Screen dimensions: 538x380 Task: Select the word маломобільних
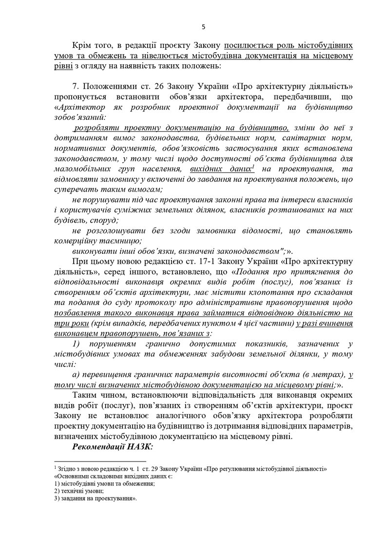81,169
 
